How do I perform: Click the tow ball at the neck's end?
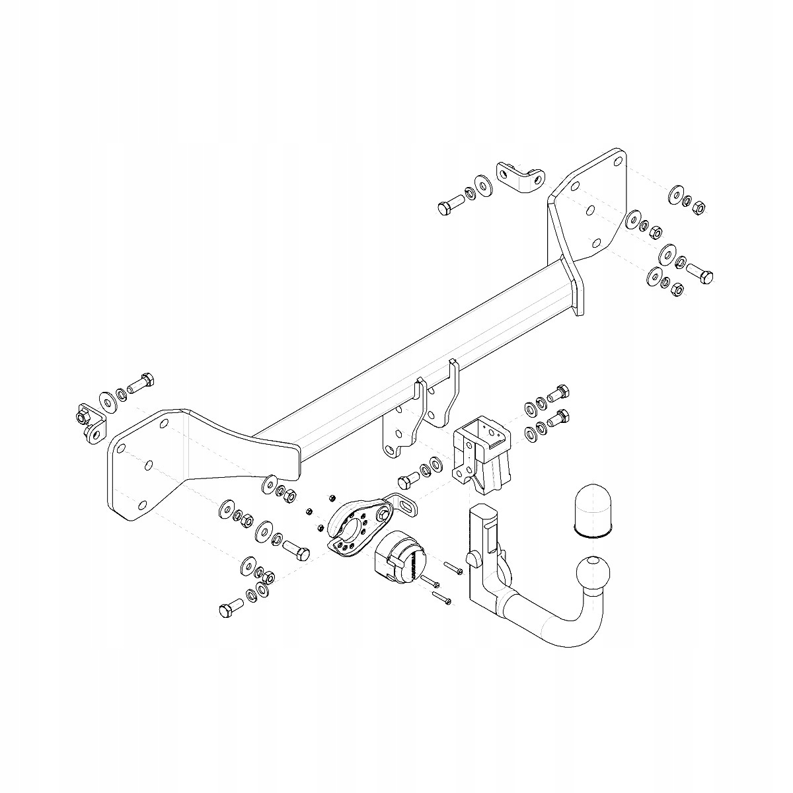pos(593,572)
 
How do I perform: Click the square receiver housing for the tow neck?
pos(482,455)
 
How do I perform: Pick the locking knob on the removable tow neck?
pos(474,559)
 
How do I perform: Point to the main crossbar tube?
pos(423,370)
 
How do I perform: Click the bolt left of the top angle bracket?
pos(450,206)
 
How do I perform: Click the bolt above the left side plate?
pos(141,383)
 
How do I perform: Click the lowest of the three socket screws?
pos(441,597)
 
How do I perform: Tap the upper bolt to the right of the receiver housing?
pos(558,392)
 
